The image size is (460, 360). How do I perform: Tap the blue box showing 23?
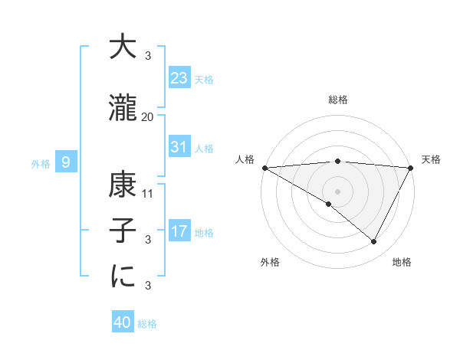(179, 78)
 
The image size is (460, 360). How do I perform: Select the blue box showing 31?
(179, 147)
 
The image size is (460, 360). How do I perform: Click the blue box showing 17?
(179, 231)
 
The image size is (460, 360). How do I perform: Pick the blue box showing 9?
(67, 162)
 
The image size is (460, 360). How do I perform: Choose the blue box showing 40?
(123, 322)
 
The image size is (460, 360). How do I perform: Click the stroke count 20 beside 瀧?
(148, 117)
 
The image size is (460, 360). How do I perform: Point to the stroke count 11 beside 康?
(149, 193)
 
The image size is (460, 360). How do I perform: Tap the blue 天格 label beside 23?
(204, 80)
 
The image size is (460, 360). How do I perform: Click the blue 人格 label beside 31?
(204, 149)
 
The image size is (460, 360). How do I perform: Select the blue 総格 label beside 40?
(147, 324)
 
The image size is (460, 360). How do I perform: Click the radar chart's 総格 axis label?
(337, 100)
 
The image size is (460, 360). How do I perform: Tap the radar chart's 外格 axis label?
(270, 262)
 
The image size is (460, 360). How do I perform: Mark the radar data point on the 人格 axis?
(264, 168)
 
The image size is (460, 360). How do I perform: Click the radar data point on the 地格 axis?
(374, 241)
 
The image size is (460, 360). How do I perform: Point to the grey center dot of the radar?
(337, 190)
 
